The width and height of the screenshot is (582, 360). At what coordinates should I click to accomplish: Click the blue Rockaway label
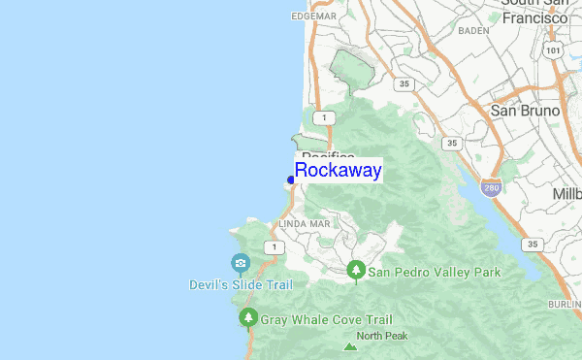coord(338,171)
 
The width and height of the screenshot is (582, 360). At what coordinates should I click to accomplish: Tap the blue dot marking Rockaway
coord(291,180)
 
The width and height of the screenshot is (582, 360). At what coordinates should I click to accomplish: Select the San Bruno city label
coord(525,111)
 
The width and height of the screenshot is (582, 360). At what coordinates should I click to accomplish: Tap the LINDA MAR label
coord(305,223)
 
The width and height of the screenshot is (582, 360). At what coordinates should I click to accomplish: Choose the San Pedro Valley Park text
coord(434,273)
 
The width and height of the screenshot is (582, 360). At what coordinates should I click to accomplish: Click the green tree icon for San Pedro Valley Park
coord(356,269)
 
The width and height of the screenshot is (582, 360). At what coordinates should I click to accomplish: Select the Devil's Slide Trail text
coord(240,284)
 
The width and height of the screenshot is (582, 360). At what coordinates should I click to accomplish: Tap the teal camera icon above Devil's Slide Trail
coord(240,263)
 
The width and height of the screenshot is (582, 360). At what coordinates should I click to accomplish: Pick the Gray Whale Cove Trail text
coord(326,319)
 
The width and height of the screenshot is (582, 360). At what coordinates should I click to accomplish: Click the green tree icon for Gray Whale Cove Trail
coord(247,318)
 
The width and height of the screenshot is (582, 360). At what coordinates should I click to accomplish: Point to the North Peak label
coord(382,337)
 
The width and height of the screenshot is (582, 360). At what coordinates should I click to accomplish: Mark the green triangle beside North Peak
coord(350,345)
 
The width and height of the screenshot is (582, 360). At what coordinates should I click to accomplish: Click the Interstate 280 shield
coord(493,186)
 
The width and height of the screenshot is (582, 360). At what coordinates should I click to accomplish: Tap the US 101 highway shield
coord(553,49)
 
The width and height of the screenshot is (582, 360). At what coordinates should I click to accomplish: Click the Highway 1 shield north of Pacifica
coord(330,117)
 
